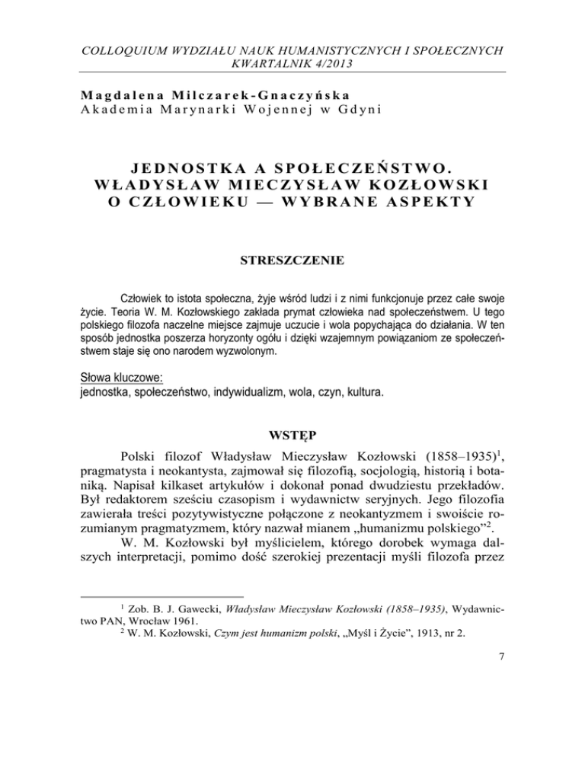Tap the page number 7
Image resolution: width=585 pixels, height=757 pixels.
point(503,715)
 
